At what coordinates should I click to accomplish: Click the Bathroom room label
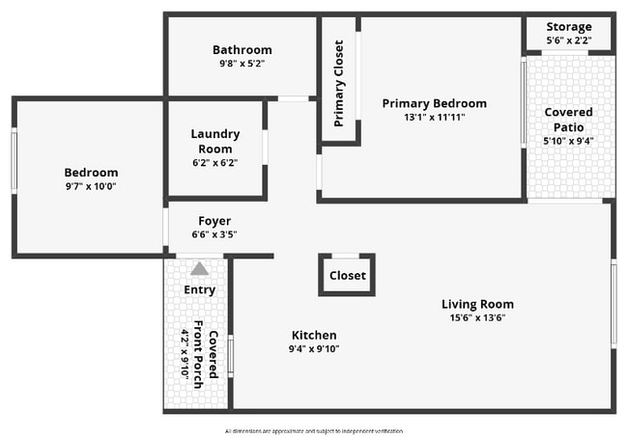[242, 50]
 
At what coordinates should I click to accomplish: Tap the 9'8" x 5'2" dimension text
[242, 64]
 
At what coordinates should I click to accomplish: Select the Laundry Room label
[214, 141]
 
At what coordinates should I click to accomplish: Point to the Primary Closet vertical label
[339, 83]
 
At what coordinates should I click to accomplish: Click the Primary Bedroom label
[434, 103]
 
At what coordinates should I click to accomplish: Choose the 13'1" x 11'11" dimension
[434, 118]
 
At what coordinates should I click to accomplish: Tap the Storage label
[569, 26]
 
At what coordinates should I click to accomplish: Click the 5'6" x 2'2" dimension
[569, 41]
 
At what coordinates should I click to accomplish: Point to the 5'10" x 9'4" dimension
[568, 141]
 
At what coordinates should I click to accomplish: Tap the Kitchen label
[314, 335]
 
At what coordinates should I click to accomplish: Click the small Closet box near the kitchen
[347, 275]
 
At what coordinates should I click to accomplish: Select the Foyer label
[214, 221]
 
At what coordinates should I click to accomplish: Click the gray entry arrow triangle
[199, 269]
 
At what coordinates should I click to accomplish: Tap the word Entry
[199, 289]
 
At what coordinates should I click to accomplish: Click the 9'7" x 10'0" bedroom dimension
[91, 186]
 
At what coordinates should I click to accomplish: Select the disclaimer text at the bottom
[314, 430]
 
